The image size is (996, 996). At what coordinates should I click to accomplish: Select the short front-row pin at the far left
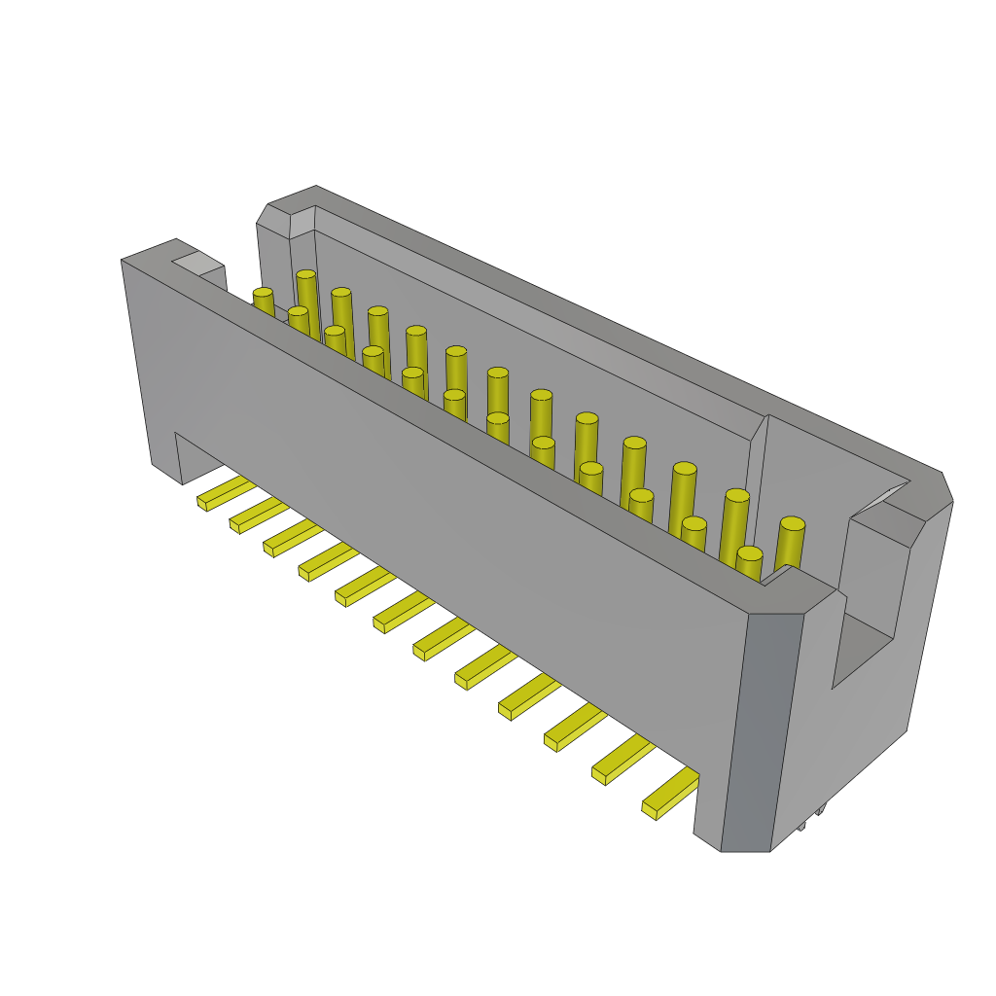pos(263,301)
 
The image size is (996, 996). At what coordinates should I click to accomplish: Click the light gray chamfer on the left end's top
pos(197,262)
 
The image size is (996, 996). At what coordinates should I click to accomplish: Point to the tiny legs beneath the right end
pos(811,817)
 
